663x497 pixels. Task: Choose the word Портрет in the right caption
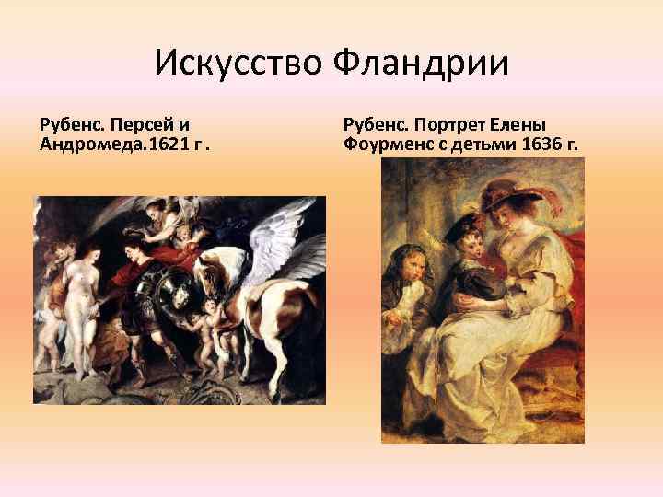click(459, 124)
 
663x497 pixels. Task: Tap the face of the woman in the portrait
click(512, 217)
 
